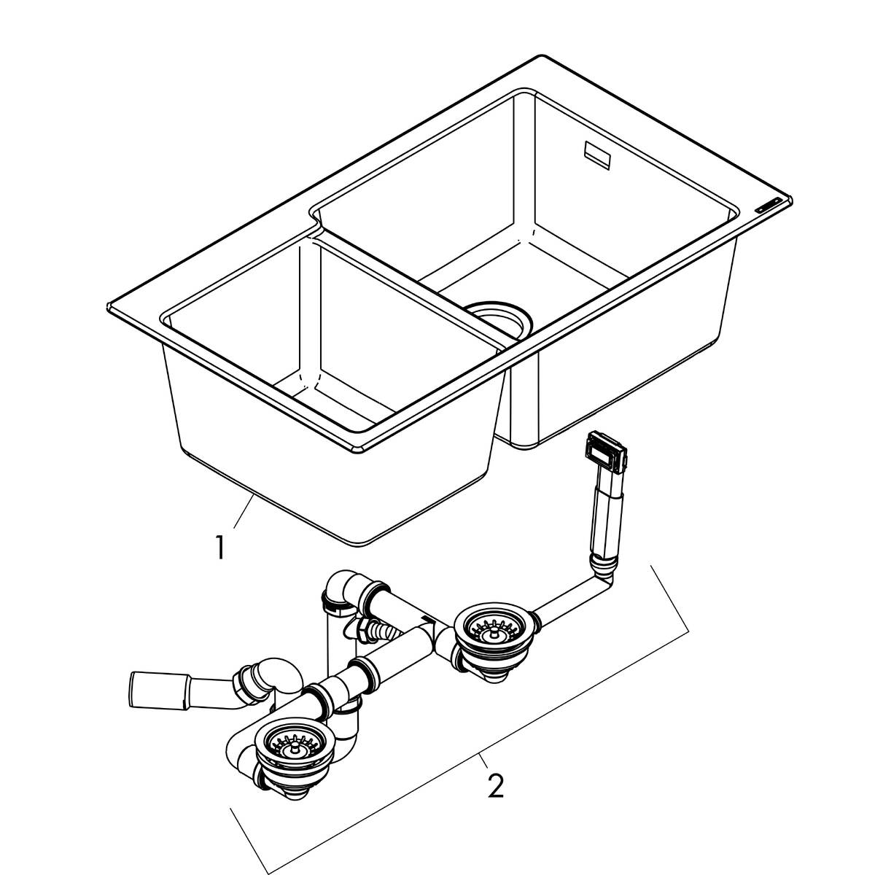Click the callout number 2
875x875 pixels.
(495, 785)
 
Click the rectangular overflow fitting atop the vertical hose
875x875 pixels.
(604, 452)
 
